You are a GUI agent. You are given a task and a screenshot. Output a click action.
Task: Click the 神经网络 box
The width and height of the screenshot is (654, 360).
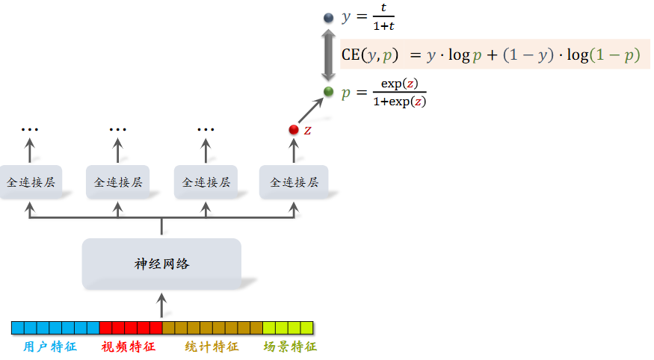click(x=161, y=264)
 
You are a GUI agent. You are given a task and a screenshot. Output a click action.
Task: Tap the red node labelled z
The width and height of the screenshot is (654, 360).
click(x=294, y=130)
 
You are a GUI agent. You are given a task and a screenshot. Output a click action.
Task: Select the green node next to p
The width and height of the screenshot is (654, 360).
click(x=328, y=92)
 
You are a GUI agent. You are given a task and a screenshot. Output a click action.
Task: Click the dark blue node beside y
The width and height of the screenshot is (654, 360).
click(x=328, y=17)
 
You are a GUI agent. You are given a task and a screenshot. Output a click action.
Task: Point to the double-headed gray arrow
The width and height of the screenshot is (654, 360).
click(x=328, y=55)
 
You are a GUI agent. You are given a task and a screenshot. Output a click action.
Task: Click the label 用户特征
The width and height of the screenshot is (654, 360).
click(x=50, y=347)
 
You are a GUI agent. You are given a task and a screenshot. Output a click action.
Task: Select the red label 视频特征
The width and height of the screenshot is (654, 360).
click(x=128, y=347)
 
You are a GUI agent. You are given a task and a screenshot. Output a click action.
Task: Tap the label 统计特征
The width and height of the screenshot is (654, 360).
click(x=212, y=347)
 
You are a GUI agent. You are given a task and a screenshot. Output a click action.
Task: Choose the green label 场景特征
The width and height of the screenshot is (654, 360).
click(x=290, y=347)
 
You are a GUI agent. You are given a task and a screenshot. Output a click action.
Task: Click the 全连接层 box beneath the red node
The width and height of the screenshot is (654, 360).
click(x=294, y=182)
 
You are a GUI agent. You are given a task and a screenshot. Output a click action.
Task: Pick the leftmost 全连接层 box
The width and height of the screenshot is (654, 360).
click(x=31, y=182)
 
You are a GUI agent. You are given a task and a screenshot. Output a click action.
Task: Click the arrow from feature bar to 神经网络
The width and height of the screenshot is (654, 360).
click(x=161, y=304)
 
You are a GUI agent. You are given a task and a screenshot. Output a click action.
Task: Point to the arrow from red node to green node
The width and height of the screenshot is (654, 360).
click(x=310, y=111)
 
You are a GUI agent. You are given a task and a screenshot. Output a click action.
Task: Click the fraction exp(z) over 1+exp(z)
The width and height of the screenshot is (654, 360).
click(x=399, y=93)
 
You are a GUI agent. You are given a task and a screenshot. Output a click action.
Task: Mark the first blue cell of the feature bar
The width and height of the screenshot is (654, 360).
click(x=17, y=328)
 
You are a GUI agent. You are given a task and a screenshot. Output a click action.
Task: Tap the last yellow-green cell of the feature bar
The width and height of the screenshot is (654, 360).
click(x=306, y=328)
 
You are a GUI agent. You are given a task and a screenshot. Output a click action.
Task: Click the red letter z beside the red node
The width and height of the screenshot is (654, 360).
click(x=307, y=131)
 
